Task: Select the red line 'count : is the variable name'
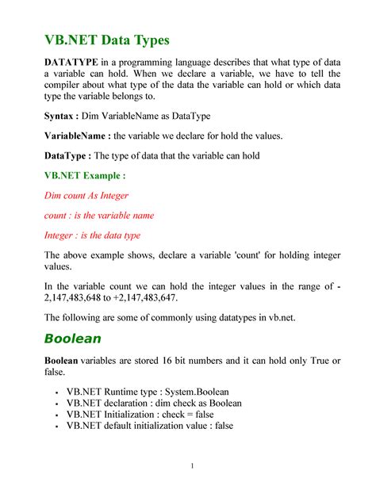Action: coord(98,215)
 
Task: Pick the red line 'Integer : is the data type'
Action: coord(92,235)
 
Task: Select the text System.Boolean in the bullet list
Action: coord(186,391)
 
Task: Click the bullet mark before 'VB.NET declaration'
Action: coord(56,403)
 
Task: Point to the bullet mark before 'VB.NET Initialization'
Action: coord(56,415)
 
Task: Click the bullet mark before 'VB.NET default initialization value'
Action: coord(56,427)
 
